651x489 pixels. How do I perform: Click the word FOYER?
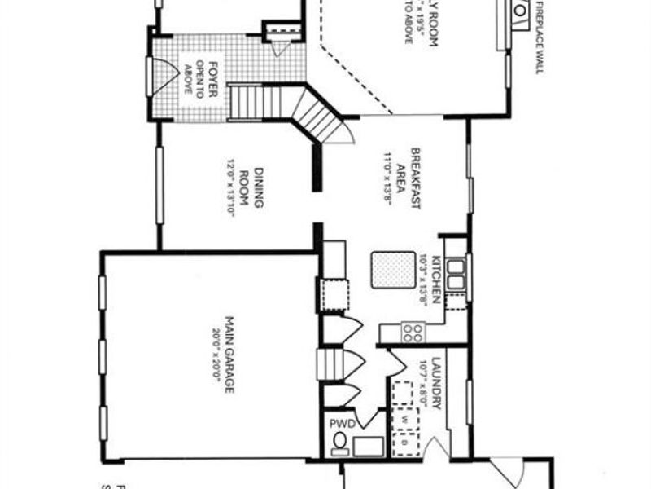[213, 78]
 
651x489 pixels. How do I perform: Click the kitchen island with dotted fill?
[390, 270]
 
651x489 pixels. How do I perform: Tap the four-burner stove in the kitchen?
[413, 332]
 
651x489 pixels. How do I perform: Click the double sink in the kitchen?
[457, 274]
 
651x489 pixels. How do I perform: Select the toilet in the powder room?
[339, 444]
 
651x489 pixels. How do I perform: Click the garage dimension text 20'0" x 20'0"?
[216, 355]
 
